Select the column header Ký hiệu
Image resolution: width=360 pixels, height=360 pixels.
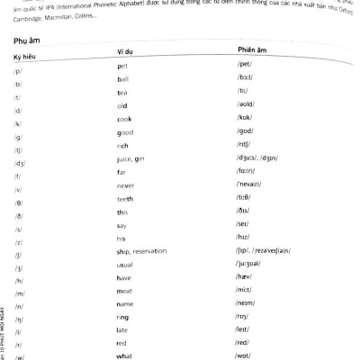tap(28, 56)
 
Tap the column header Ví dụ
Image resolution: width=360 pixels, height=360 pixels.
tap(128, 54)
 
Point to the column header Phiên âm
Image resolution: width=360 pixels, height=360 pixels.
tap(254, 51)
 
